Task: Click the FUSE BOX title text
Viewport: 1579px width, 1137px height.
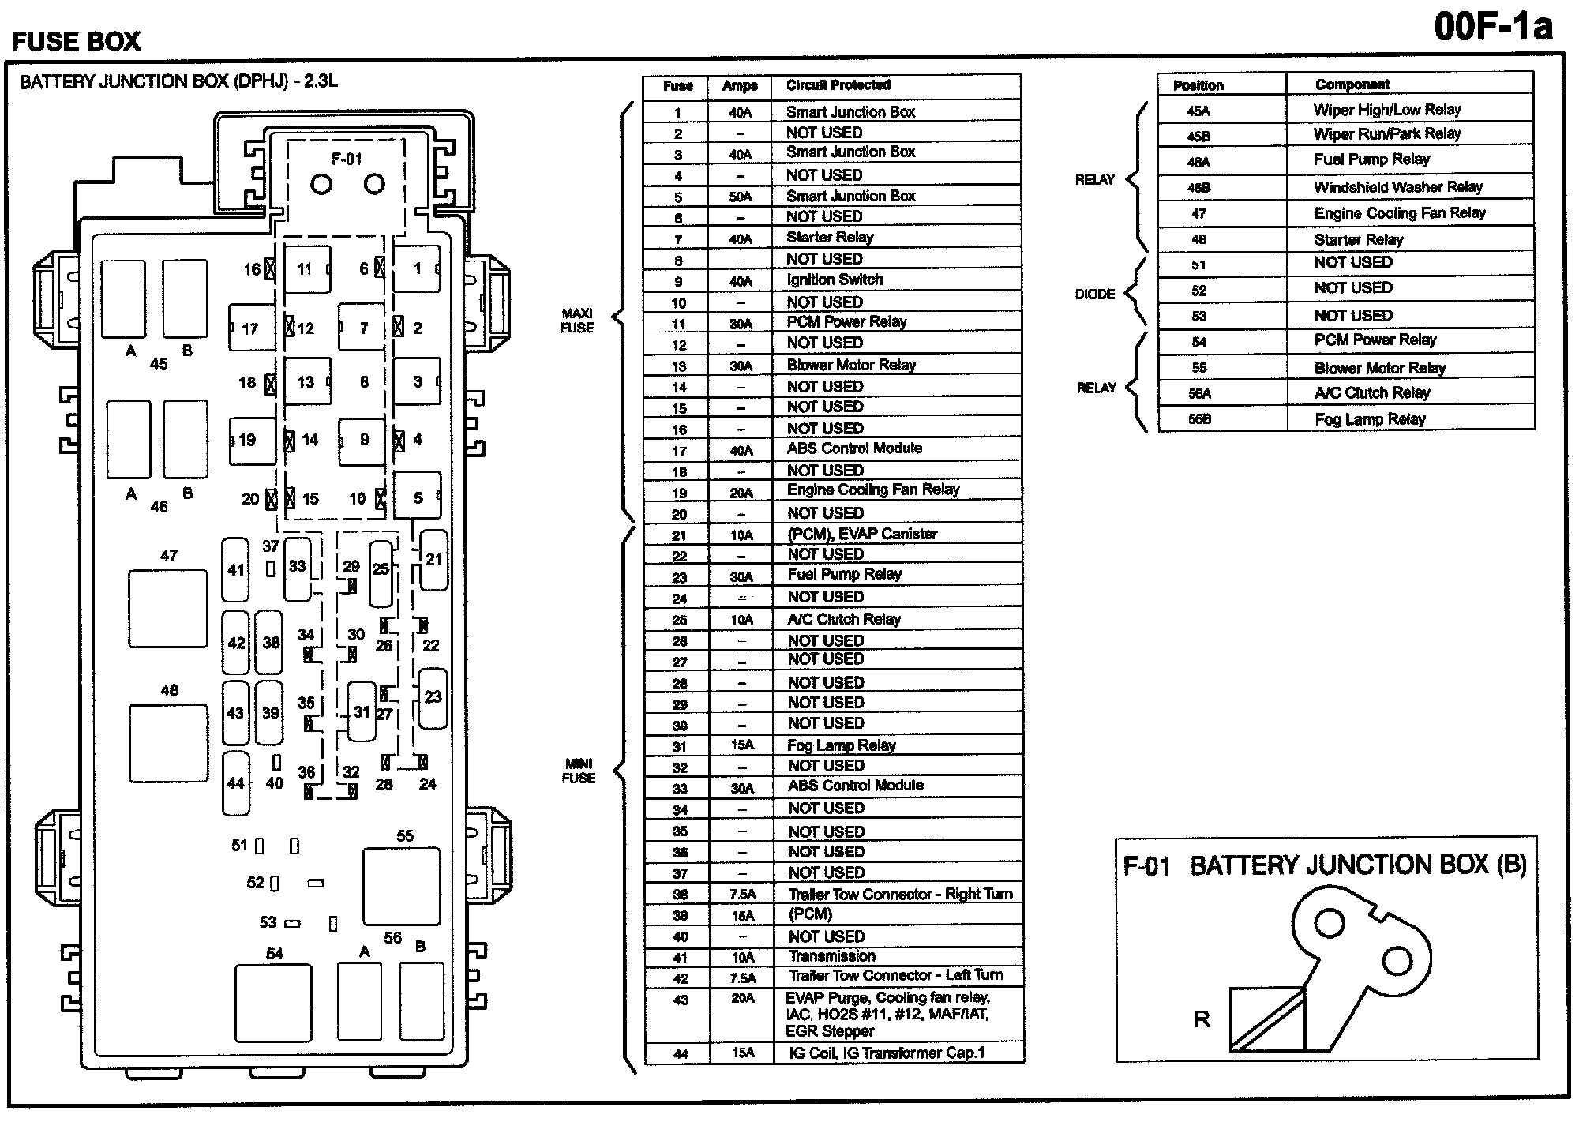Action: point(76,41)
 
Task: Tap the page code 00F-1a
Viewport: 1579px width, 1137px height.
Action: point(1493,27)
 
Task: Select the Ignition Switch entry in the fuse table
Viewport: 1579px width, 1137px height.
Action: point(835,280)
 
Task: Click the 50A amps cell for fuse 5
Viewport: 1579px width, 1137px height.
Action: point(741,197)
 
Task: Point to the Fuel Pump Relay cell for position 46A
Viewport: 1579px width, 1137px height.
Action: point(1371,159)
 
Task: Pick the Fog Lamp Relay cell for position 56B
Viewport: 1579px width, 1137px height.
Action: point(1370,419)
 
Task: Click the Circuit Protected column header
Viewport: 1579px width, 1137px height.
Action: point(838,85)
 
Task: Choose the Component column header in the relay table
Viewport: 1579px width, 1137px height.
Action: point(1352,84)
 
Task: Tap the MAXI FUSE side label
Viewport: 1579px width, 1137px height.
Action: point(577,321)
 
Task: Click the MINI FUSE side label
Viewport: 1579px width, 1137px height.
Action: point(579,771)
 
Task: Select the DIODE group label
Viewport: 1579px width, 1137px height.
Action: point(1095,294)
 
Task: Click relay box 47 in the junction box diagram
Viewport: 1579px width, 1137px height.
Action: point(168,609)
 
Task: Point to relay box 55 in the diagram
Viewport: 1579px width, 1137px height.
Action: point(401,886)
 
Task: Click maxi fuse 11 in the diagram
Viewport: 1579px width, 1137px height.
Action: point(307,269)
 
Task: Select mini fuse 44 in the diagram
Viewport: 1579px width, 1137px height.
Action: point(235,782)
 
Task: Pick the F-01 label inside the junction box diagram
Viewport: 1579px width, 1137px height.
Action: point(347,159)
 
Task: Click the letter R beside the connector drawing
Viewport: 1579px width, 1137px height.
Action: point(1202,1019)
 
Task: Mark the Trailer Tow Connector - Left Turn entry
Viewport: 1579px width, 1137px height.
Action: point(895,975)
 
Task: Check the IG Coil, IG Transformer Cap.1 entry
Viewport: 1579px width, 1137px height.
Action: point(887,1053)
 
